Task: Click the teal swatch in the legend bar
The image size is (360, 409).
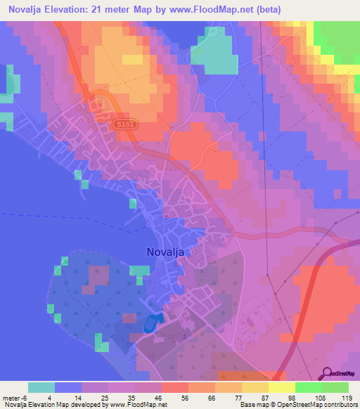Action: [41, 387]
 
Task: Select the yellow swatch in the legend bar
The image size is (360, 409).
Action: [281, 387]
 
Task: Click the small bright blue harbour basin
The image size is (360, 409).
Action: [150, 324]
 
